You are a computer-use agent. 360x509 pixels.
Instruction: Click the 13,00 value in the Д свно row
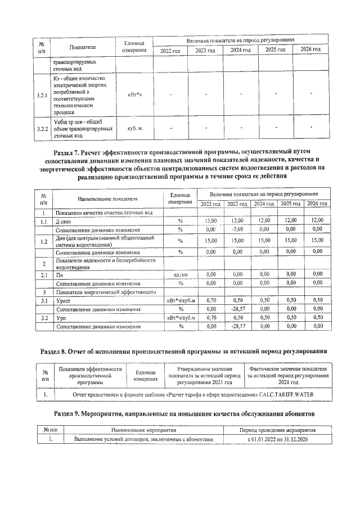(211, 220)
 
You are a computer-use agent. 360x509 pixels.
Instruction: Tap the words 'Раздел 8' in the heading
(60, 351)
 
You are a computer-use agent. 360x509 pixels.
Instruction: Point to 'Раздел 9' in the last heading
(71, 413)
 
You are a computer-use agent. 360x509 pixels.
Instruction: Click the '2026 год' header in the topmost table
(310, 51)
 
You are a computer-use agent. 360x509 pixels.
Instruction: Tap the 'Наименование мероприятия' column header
(144, 429)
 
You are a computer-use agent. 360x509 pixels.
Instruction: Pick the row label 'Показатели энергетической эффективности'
(105, 292)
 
